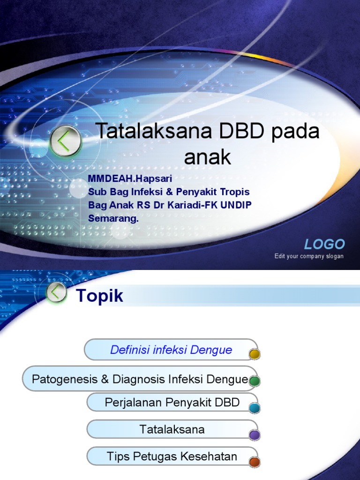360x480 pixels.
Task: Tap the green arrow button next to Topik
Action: [x=57, y=292]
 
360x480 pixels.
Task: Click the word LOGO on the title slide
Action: [x=324, y=244]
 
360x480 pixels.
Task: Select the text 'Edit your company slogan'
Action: [x=309, y=256]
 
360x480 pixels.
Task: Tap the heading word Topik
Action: [x=100, y=296]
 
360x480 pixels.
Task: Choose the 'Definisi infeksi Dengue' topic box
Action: [x=171, y=350]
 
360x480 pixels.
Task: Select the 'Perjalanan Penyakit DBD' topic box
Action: [x=172, y=402]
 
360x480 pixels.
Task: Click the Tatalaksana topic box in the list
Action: [x=172, y=429]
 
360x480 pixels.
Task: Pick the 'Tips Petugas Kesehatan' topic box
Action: [x=172, y=456]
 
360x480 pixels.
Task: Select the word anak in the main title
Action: [x=208, y=157]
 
